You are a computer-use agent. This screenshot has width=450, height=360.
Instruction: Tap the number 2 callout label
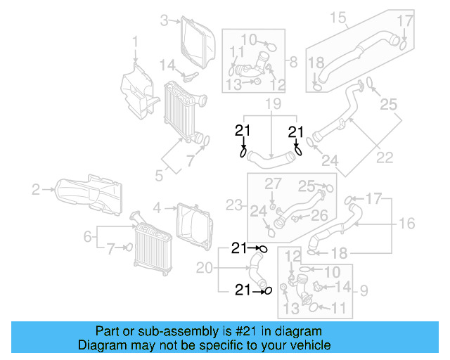point(36,188)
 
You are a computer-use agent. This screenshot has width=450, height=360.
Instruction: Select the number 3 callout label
point(164,20)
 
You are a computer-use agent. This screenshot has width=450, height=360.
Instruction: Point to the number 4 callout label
point(157,207)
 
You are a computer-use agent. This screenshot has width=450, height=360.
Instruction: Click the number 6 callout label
point(88,238)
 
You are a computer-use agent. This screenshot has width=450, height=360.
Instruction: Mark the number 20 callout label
point(204,267)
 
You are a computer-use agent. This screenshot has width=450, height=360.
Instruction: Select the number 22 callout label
point(384,158)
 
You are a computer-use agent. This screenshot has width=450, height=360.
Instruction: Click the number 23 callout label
point(233,206)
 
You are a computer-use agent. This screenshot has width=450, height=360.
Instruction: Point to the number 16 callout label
point(408,224)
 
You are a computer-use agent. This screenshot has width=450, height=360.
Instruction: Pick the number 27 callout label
point(272,184)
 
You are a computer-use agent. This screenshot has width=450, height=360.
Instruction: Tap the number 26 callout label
point(320,215)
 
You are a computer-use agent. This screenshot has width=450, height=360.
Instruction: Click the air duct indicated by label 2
point(88,193)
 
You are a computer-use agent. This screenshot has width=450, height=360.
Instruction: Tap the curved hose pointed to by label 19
point(271,157)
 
